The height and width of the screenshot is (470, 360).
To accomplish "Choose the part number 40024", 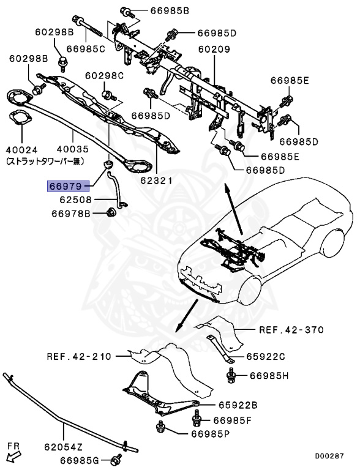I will pos(22,149).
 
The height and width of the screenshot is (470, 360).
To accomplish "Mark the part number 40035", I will pos(72,149).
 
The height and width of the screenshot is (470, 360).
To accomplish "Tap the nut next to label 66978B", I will pos(111,212).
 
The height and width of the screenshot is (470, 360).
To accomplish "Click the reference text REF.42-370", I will pos(290,329).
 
